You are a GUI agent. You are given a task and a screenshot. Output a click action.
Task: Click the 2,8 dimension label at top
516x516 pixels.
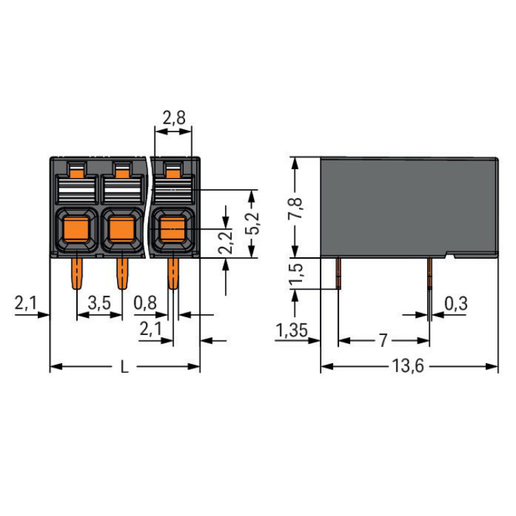[173, 118]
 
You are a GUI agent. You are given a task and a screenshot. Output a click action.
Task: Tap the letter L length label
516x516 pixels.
[125, 367]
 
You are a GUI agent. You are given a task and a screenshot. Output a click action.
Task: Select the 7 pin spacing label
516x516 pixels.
[383, 340]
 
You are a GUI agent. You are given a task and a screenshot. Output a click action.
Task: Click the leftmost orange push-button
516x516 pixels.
[76, 228]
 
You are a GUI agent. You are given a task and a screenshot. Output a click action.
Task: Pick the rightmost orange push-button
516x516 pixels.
[170, 228]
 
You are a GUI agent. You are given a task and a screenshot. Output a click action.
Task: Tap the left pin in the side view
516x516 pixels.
[338, 273]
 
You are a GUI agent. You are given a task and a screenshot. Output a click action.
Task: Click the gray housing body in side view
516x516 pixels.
[409, 206]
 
